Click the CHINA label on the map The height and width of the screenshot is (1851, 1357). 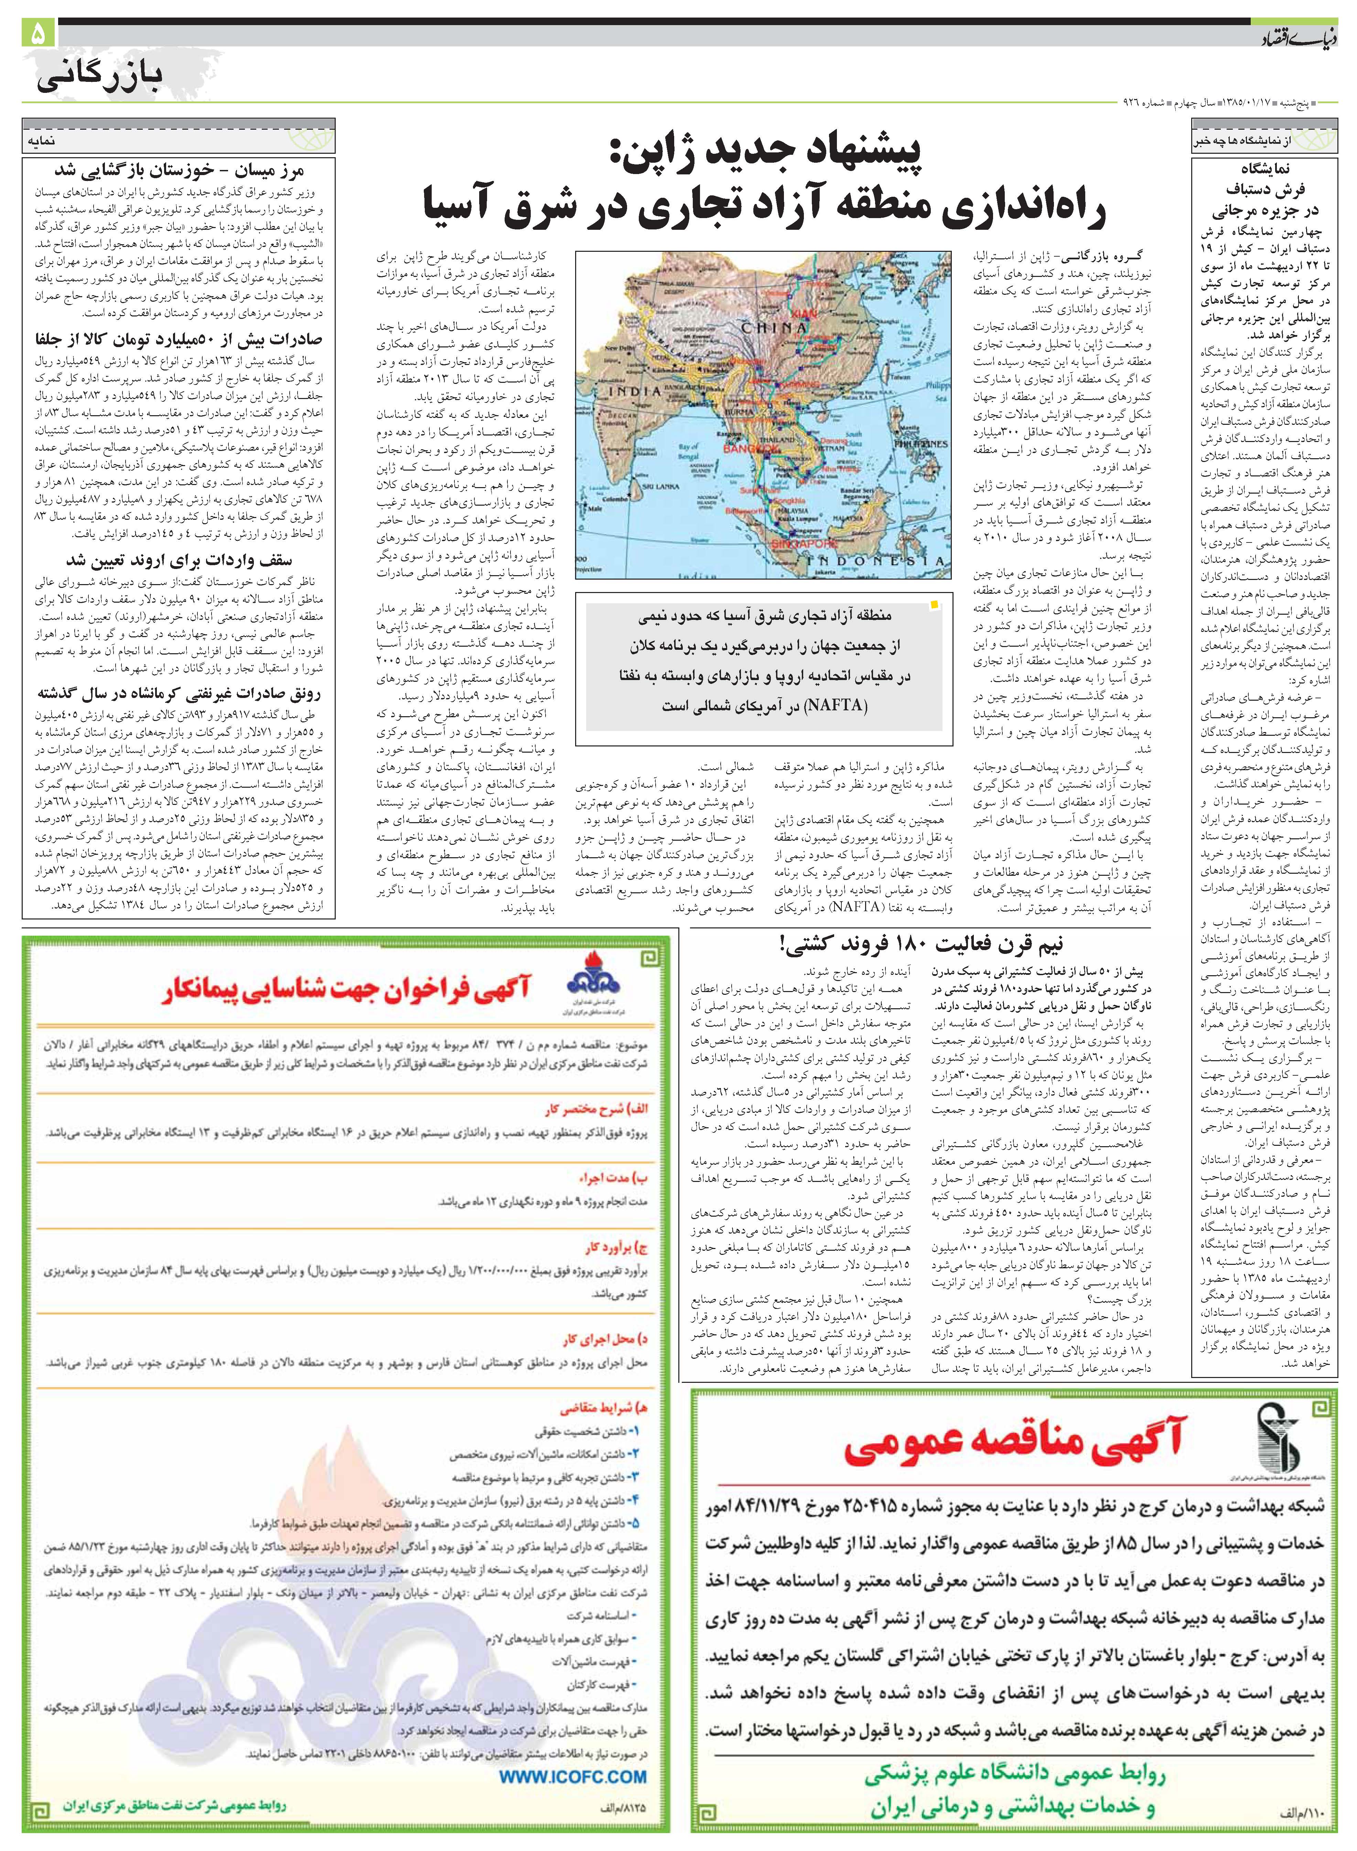[x=774, y=327]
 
